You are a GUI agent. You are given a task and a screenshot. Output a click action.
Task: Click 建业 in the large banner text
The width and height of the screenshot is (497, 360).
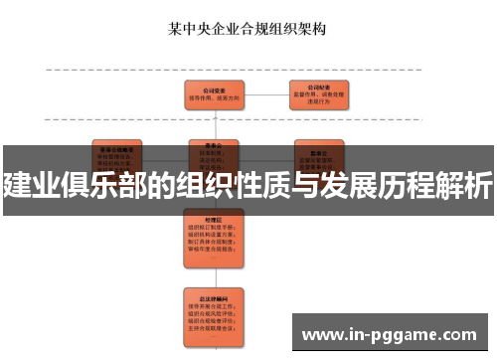pos(29,184)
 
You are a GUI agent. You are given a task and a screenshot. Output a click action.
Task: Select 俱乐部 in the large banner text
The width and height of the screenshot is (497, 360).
pos(108,184)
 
